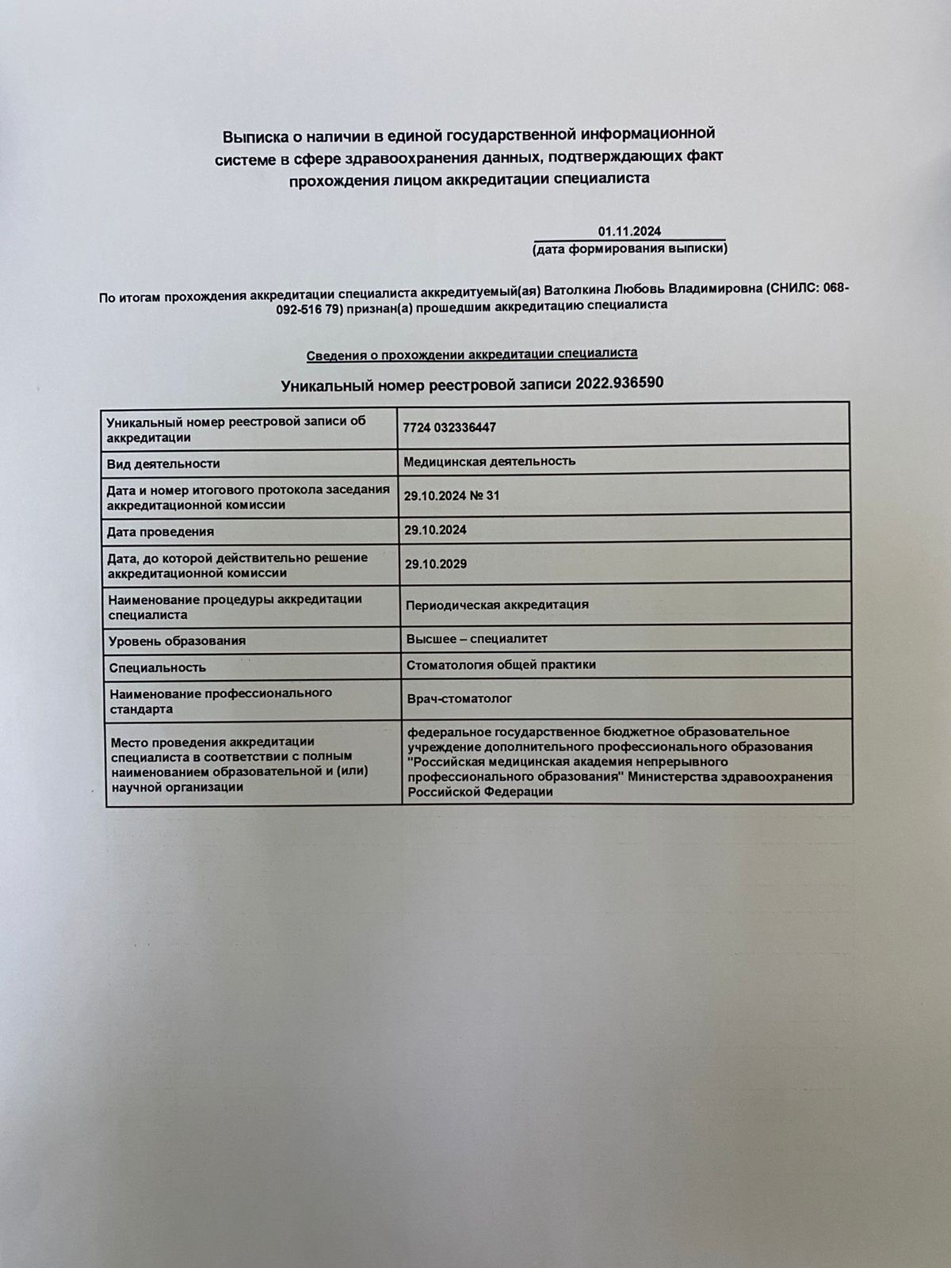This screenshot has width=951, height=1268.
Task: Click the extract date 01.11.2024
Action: coord(629,231)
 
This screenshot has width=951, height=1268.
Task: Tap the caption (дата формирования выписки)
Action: coord(630,249)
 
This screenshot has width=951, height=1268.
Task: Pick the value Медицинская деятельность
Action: coord(489,461)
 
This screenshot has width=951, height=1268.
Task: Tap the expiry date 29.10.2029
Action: coord(435,564)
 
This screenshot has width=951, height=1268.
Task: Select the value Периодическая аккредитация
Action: coord(497,605)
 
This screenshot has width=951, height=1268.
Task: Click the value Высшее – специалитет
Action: coord(476,639)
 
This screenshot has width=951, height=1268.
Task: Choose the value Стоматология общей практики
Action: coord(501,665)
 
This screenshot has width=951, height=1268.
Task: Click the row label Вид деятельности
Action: coord(163,464)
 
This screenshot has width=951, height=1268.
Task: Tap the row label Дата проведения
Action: coord(161,532)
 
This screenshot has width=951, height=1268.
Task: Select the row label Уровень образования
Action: coord(177,640)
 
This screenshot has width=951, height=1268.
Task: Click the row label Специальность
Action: coord(157,668)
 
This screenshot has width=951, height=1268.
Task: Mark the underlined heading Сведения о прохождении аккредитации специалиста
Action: coord(472,353)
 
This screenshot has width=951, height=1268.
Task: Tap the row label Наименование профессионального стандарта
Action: coord(220,701)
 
